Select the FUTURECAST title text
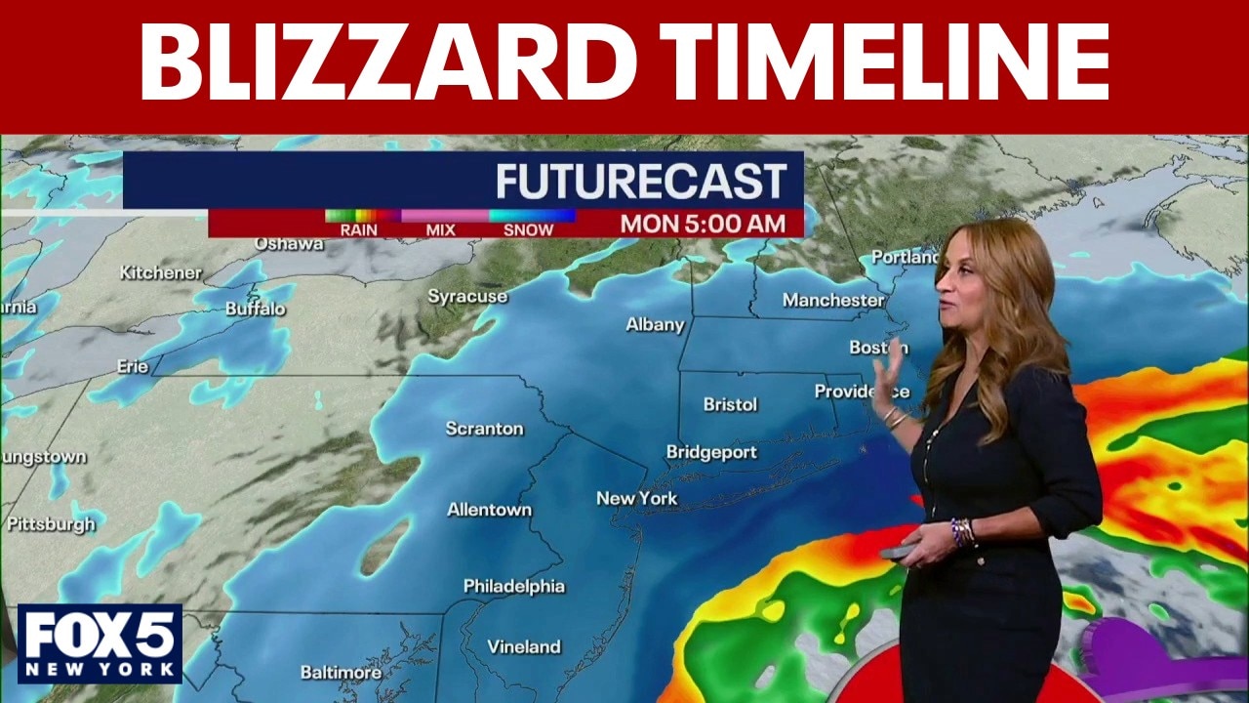(x=641, y=182)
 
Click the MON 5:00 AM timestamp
(x=703, y=224)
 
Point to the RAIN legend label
(x=358, y=230)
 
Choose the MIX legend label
(x=441, y=230)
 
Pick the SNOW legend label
(x=528, y=230)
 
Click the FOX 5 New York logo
(x=100, y=643)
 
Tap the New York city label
(x=637, y=499)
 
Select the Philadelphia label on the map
(x=513, y=587)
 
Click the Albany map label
(x=655, y=324)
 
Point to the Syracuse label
(x=467, y=296)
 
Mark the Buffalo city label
(x=256, y=309)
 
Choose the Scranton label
(x=484, y=429)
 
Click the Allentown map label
(x=489, y=510)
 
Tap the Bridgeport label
(x=711, y=452)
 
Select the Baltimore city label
(x=341, y=673)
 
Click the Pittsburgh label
(x=51, y=524)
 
